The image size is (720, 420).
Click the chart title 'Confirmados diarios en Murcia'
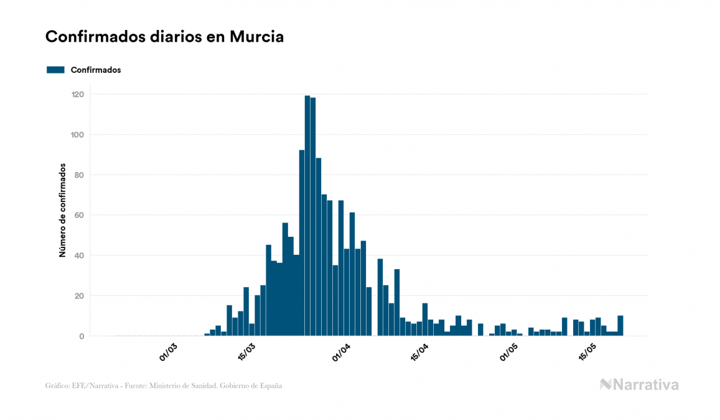tap(164, 37)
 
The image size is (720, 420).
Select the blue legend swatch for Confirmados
tap(55, 70)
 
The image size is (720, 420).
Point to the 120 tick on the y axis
tap(77, 94)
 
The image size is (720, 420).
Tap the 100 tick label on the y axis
tap(77, 135)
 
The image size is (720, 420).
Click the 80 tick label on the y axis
tap(79, 175)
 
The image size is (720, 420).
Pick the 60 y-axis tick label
tap(79, 215)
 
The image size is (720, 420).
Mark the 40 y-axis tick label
tap(79, 255)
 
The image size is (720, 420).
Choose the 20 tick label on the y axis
tap(79, 296)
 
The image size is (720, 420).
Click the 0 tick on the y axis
tap(81, 336)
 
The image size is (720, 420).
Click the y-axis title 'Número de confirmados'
tap(62, 211)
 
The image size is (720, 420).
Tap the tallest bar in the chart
tap(307, 216)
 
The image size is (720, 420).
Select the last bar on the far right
tap(620, 326)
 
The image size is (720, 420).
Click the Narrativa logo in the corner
tap(639, 384)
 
